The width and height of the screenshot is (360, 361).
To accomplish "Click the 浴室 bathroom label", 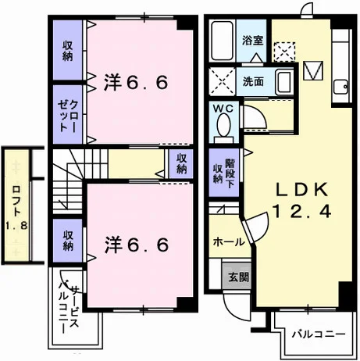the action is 252,40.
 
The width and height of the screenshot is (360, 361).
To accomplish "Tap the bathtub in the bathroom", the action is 222,41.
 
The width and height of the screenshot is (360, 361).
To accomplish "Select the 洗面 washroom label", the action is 253,82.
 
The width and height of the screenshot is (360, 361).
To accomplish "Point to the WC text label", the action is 223,109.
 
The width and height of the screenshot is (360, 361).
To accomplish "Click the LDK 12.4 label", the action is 302,201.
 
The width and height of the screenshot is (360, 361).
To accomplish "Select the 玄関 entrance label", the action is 239,277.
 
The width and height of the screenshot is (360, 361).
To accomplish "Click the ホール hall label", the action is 229,242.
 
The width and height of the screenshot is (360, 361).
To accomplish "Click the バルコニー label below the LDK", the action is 319,334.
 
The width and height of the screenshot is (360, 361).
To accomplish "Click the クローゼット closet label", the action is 68,116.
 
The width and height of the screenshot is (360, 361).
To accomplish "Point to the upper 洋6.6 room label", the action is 136,83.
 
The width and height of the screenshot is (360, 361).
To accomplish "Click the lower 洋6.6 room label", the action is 137,245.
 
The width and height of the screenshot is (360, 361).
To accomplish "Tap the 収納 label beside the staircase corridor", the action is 182,163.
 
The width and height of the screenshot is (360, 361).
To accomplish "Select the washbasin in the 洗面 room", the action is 284,81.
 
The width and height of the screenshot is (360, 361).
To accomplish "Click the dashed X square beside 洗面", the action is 223,81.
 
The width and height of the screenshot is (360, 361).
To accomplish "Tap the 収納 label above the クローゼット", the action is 67,51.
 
